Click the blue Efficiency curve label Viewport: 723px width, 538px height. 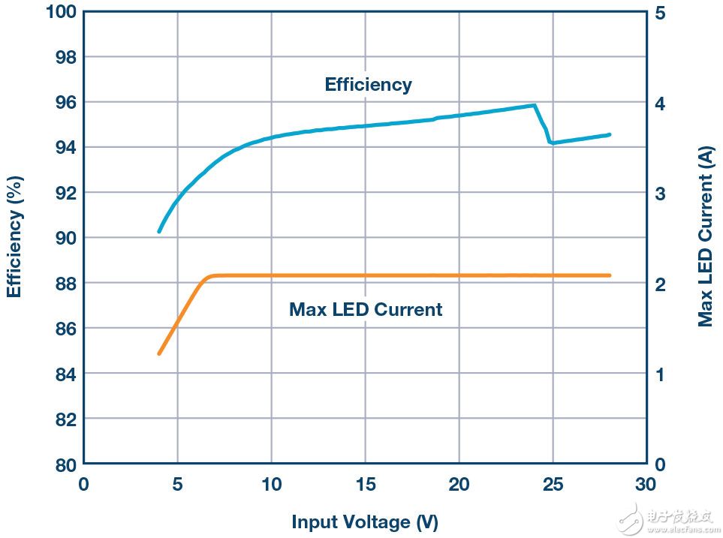point(368,84)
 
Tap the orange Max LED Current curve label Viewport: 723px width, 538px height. point(366,309)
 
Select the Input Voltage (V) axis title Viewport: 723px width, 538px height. point(365,521)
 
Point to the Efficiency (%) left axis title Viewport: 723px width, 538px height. point(14,236)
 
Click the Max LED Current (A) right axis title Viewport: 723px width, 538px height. point(705,238)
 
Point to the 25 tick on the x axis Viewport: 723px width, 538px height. point(553,484)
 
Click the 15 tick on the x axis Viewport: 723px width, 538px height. point(365,484)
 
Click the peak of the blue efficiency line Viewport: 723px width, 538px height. point(534,106)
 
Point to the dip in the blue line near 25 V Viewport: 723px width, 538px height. point(552,142)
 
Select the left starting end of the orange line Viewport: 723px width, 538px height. point(159,353)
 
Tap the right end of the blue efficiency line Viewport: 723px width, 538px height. point(609,135)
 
